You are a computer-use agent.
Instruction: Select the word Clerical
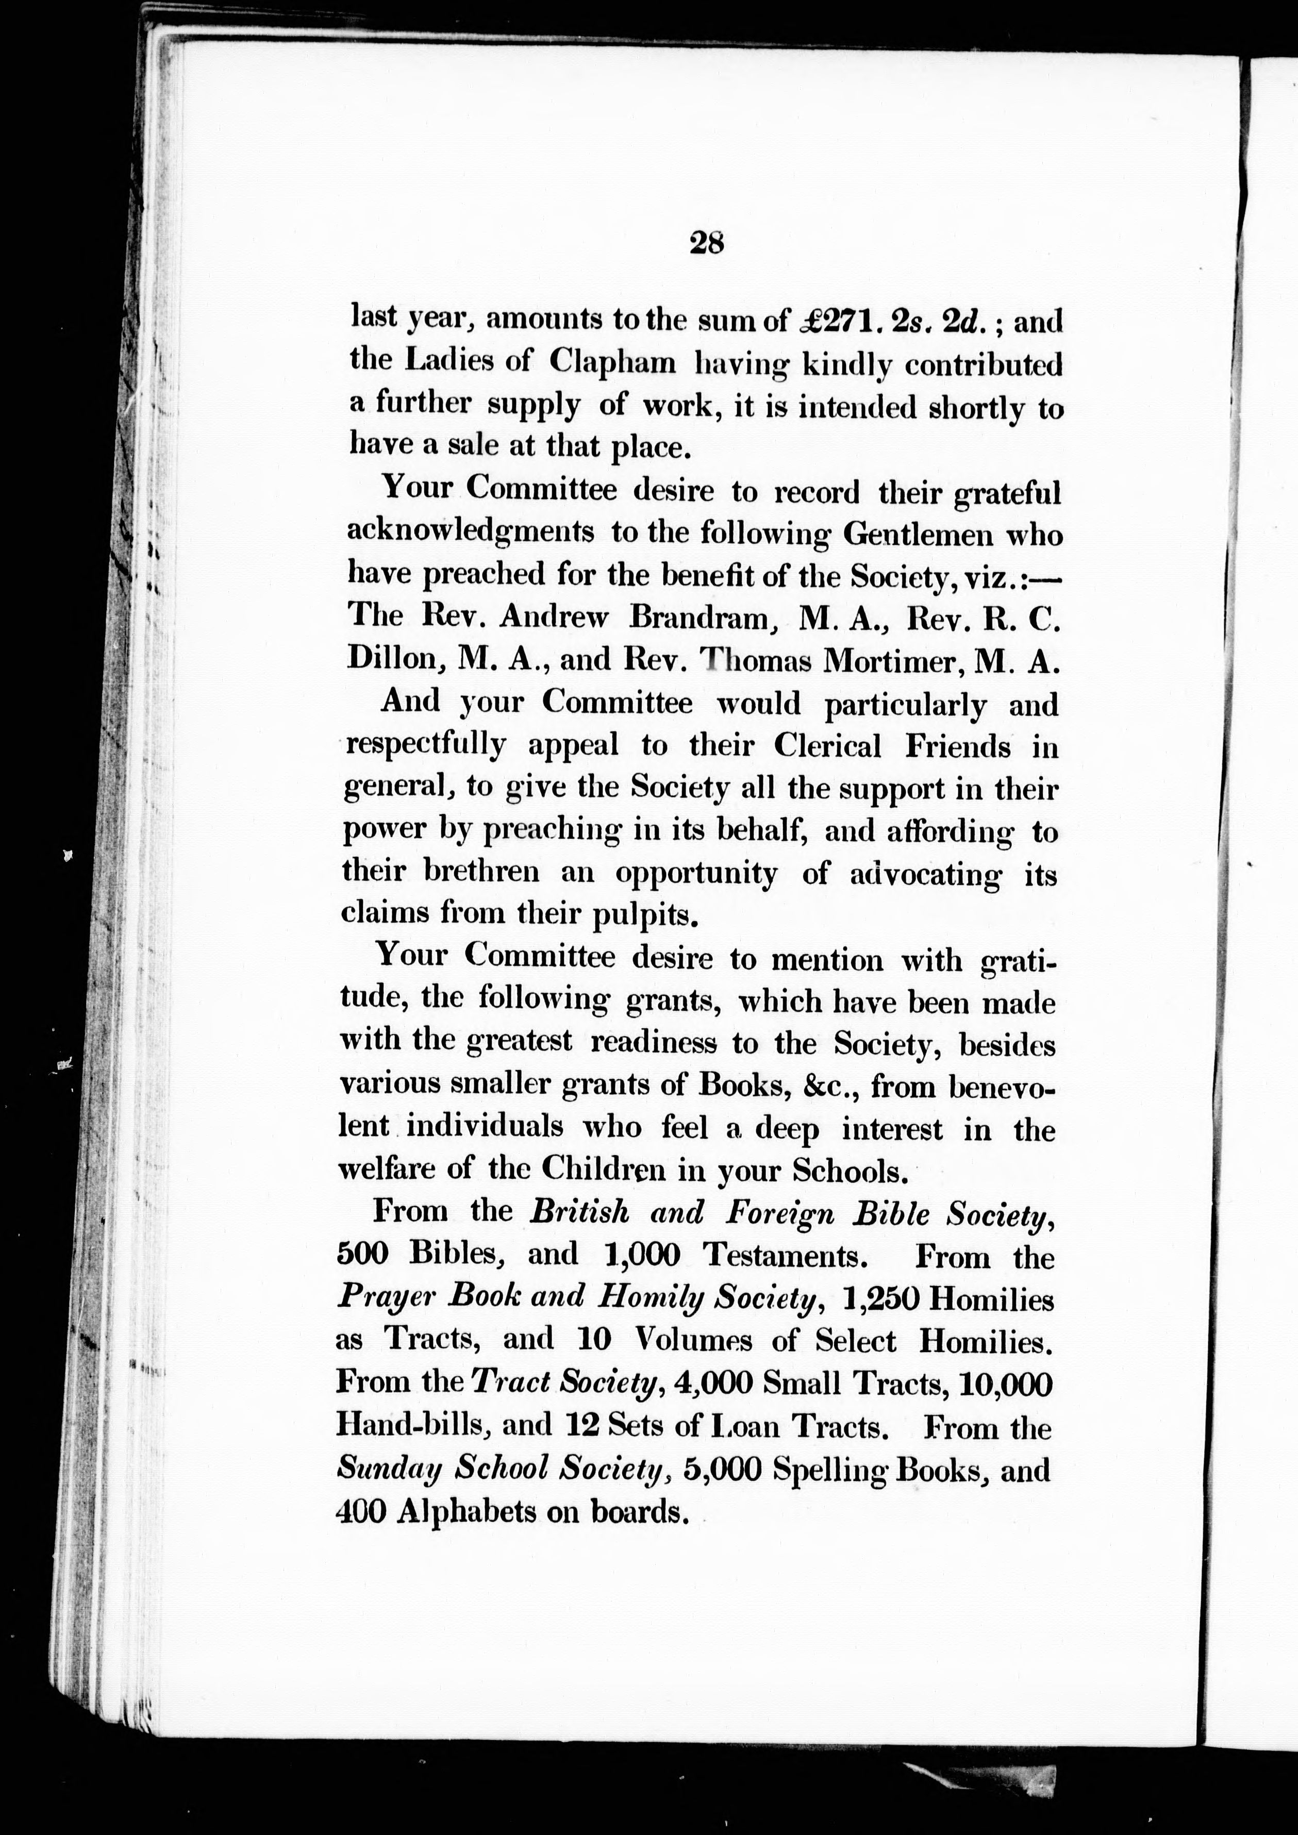[x=828, y=746]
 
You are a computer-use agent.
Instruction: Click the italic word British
[x=579, y=1214]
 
